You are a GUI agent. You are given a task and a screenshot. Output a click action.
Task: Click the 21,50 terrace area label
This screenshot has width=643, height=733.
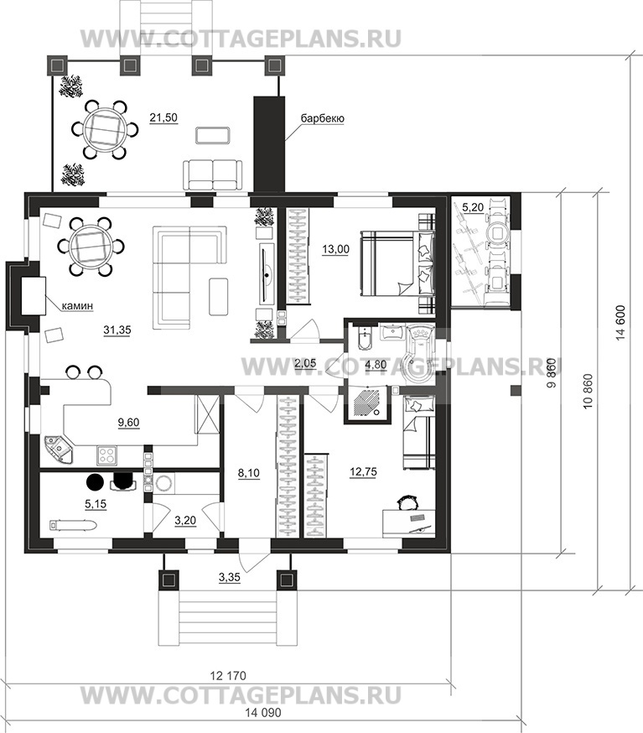point(163,117)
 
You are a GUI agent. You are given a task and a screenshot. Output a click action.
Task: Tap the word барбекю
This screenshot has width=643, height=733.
point(323,118)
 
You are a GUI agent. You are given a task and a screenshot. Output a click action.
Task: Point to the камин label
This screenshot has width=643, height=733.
point(78,306)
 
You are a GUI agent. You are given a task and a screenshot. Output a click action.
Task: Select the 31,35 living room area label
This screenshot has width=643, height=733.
point(117,330)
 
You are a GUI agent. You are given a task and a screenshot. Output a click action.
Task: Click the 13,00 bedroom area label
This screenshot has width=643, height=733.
point(335,249)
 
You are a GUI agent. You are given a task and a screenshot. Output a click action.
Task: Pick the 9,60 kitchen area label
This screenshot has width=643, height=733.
point(128,422)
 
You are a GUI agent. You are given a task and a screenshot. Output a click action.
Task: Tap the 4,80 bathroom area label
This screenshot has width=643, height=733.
point(376,364)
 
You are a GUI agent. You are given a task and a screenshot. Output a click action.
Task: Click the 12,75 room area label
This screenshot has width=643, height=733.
point(363,471)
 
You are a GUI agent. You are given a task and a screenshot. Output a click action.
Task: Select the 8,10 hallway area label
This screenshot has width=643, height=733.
point(249,473)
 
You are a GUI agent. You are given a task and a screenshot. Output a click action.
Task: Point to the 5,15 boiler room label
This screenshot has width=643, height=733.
point(96,503)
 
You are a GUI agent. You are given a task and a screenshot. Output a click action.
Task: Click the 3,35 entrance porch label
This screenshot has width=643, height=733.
point(230,577)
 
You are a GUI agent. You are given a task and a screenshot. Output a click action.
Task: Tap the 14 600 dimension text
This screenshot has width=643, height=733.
point(621,322)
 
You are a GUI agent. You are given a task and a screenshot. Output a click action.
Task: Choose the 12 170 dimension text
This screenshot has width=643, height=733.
point(228,675)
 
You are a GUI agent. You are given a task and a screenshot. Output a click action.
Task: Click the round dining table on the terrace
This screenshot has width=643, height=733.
point(105,128)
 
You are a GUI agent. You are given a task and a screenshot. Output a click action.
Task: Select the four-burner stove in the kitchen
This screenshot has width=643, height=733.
point(106,455)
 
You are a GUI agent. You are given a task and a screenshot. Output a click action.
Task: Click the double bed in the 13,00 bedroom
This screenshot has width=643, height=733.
point(397,263)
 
